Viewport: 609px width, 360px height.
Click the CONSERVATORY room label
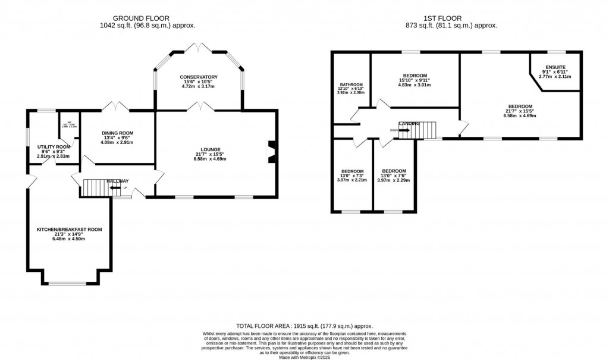pos(199,77)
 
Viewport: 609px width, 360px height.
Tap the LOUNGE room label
pos(211,149)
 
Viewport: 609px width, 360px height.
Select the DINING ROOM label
pos(117,133)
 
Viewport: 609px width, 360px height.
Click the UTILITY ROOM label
pos(54,146)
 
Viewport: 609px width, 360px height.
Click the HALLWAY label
pos(117,181)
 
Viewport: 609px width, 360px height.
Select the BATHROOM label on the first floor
pos(351,84)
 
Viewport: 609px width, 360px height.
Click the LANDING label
pos(409,123)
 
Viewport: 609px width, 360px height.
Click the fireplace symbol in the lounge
pos(271,151)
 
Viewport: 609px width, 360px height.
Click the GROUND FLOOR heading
pos(147,18)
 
